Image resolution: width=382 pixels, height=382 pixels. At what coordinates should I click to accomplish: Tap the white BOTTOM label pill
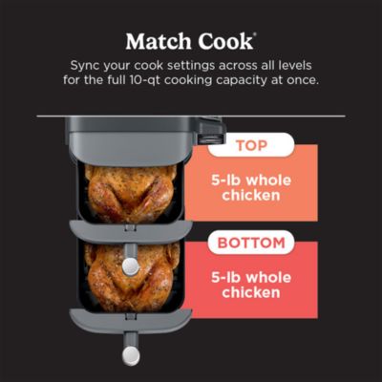pos(251,242)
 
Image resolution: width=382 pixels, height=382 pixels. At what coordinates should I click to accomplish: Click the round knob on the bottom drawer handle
pos(130,354)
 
